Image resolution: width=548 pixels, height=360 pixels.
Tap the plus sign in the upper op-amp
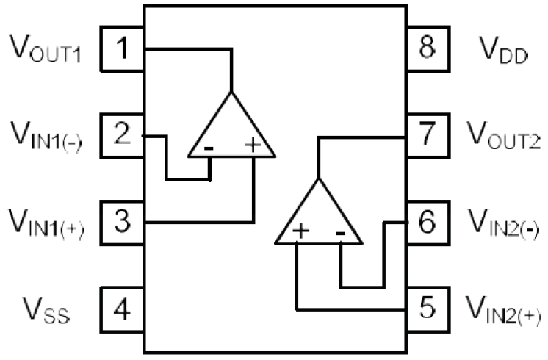(253, 145)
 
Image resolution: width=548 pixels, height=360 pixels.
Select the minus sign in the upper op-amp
(210, 147)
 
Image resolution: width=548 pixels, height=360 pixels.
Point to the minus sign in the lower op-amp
(341, 233)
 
